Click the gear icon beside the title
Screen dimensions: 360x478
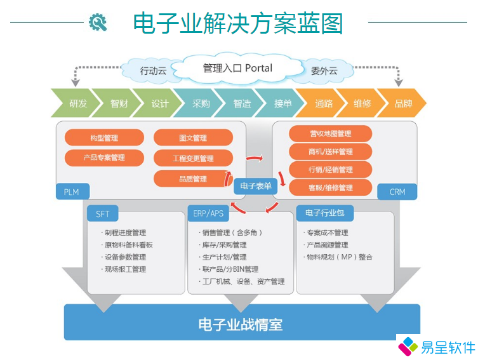(x=98, y=23)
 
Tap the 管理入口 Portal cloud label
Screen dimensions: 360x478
(x=237, y=68)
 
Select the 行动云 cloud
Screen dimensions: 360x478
(x=153, y=71)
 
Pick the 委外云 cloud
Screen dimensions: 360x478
(x=324, y=70)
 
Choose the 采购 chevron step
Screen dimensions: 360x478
(x=201, y=103)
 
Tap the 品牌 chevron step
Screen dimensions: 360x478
(x=404, y=103)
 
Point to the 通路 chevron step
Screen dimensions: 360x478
(x=324, y=103)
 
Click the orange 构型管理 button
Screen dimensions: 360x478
(x=104, y=138)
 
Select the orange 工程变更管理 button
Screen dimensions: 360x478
(x=193, y=158)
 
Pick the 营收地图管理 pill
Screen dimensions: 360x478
(x=330, y=134)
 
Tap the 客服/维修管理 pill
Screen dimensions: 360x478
(x=330, y=188)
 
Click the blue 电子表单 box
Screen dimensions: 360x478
(x=256, y=186)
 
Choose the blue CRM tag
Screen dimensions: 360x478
(x=397, y=192)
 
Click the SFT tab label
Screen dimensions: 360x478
(x=103, y=214)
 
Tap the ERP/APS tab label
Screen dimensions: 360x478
(x=209, y=214)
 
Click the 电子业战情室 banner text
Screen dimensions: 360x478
(x=241, y=325)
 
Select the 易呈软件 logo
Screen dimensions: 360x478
(x=436, y=347)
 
